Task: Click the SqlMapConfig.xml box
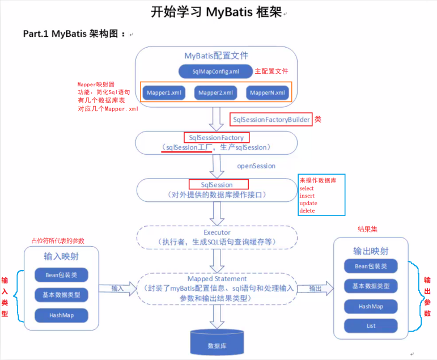216,71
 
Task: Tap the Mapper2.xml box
216,92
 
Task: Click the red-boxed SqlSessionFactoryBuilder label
271,120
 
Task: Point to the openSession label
256,166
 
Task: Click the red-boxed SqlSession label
217,185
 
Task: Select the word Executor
217,232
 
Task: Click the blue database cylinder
218,342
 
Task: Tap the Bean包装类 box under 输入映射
61,276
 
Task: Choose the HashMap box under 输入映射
61,315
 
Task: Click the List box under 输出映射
371,326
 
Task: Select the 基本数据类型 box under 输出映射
371,286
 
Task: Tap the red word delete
307,211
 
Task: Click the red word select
307,189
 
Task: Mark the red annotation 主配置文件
271,71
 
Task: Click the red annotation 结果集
368,229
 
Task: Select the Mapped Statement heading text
217,279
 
